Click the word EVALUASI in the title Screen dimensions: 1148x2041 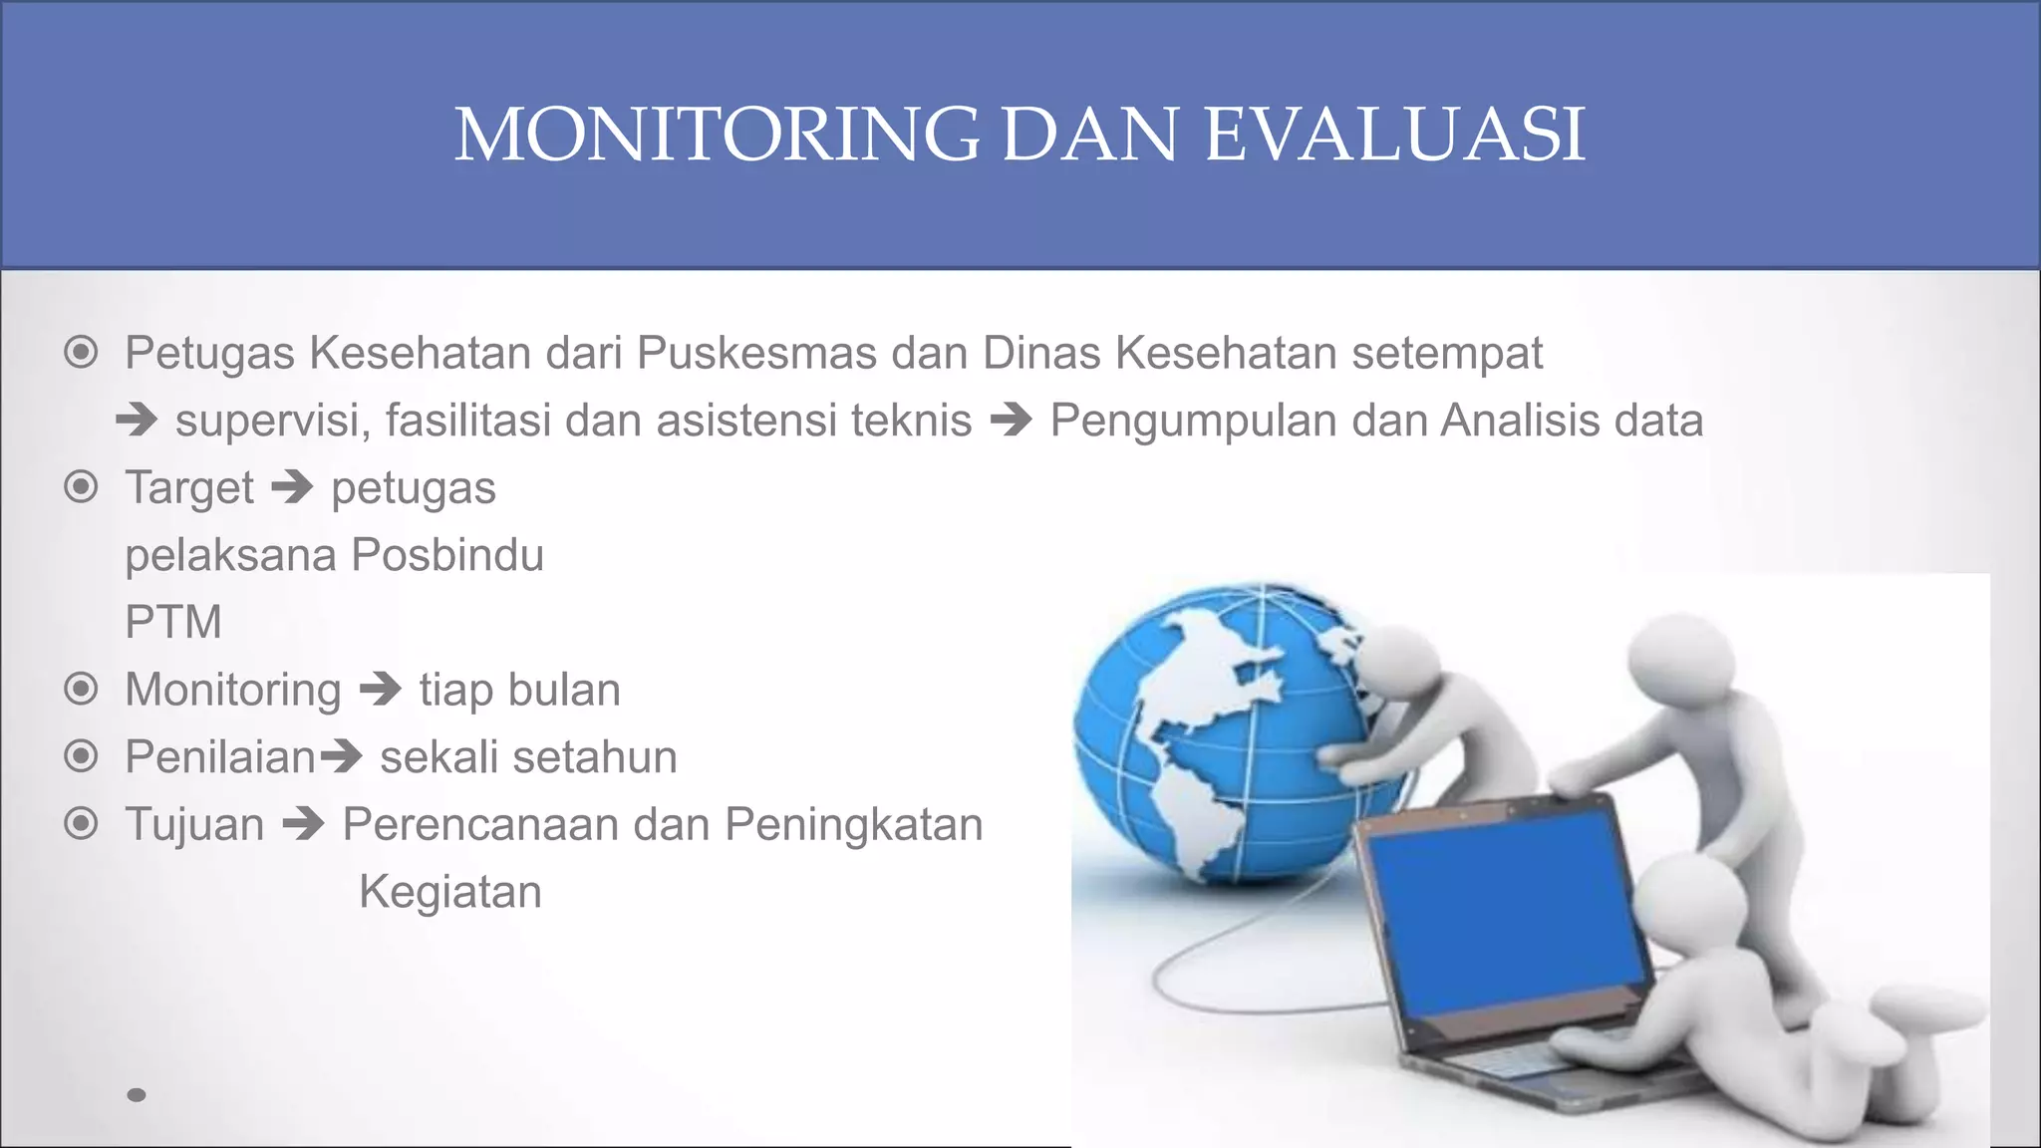pyautogui.click(x=1394, y=135)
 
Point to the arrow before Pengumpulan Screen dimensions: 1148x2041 pyautogui.click(x=1011, y=421)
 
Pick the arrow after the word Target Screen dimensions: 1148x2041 pyautogui.click(x=292, y=488)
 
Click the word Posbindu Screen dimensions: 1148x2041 pyautogui.click(x=447, y=555)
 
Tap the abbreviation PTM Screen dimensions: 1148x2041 pyautogui.click(x=173, y=622)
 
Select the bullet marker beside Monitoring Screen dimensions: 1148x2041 pyautogui.click(x=81, y=690)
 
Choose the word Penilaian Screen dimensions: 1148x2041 pyautogui.click(x=220, y=757)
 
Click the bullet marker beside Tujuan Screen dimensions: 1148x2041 pyautogui.click(x=81, y=824)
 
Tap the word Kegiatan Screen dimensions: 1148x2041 pyautogui.click(x=449, y=892)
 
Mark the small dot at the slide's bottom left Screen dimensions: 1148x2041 pyautogui.click(x=137, y=1095)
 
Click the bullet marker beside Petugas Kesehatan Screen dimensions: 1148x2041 pyautogui.click(x=81, y=353)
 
